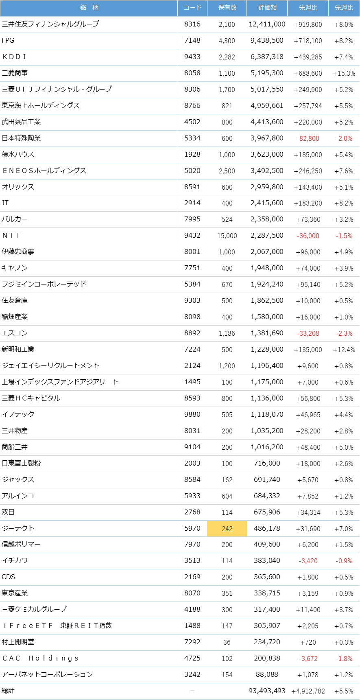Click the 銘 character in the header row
[83, 8]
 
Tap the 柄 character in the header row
[96, 8]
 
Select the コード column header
[192, 8]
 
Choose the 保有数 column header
[227, 8]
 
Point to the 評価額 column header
[267, 8]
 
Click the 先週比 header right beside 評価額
[308, 8]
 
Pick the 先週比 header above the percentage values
[344, 8]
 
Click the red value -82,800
[308, 138]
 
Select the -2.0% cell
[345, 138]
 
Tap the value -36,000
[308, 236]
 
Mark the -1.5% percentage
[345, 236]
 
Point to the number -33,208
[308, 333]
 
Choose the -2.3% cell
[345, 333]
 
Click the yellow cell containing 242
[227, 529]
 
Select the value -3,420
[308, 561]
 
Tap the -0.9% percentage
[345, 561]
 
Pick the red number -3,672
[308, 658]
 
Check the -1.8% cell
[345, 658]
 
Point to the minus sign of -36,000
[298, 236]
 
